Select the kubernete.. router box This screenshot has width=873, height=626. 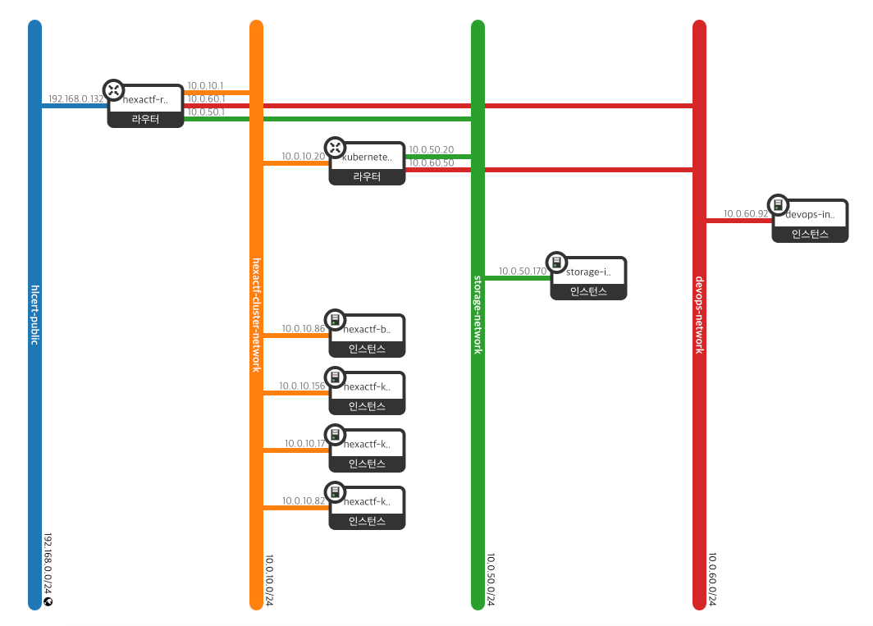367,163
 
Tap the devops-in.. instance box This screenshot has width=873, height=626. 809,221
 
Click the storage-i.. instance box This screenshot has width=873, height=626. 588,278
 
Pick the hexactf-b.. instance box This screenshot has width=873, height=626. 367,336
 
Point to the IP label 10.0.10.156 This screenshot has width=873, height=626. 302,386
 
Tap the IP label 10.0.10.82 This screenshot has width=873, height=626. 304,500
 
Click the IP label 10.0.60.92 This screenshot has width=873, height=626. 746,213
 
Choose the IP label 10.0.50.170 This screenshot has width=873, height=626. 523,271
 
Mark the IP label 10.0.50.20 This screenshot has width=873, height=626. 431,149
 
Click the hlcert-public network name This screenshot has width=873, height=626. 34,315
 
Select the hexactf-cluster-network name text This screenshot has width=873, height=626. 256,315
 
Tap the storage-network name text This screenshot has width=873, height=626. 478,315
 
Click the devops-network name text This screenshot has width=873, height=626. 699,315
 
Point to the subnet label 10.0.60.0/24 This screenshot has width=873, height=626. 711,579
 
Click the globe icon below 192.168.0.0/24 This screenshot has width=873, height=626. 48,601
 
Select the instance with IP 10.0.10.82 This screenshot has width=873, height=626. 367,508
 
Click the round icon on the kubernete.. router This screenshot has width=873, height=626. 335,148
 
